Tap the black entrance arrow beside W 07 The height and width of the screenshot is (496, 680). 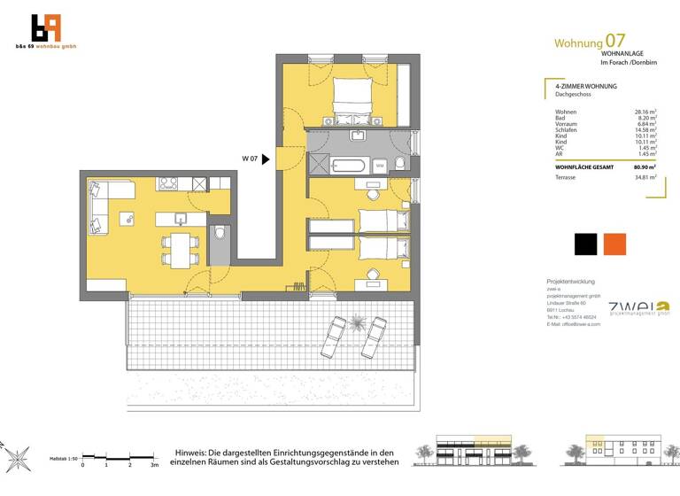(266, 159)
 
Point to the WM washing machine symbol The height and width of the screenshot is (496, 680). (379, 165)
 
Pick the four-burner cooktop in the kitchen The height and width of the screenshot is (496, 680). (168, 184)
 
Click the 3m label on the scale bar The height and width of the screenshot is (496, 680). (154, 464)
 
